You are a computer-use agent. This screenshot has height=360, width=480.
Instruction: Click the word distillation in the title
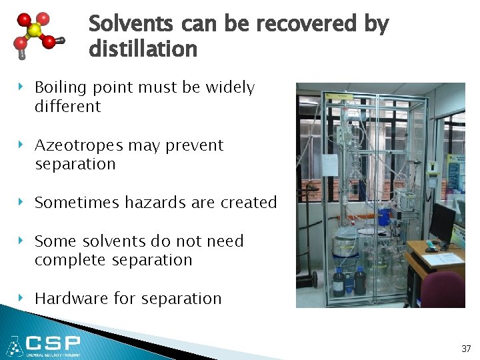pyautogui.click(x=143, y=49)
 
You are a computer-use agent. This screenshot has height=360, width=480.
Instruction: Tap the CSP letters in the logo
pyautogui.click(x=53, y=344)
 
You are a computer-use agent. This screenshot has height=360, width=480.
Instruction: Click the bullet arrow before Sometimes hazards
pyautogui.click(x=22, y=202)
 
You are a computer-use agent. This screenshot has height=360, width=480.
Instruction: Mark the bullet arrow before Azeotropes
pyautogui.click(x=22, y=145)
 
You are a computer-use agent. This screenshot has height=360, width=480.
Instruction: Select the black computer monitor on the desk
pyautogui.click(x=441, y=224)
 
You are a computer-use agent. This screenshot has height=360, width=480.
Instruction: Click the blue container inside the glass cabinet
pyautogui.click(x=384, y=216)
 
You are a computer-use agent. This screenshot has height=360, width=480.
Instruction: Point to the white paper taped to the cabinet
pyautogui.click(x=330, y=165)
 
